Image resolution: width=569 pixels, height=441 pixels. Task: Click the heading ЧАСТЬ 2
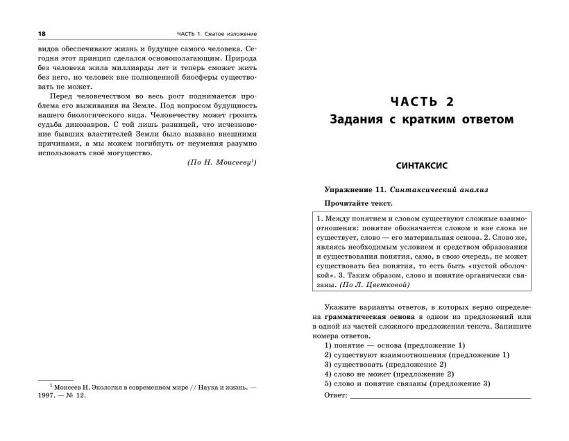(x=421, y=102)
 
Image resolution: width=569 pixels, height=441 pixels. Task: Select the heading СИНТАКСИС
(x=421, y=166)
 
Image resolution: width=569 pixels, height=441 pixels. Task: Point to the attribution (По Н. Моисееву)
(x=224, y=164)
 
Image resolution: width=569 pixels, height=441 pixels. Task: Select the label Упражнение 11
(x=356, y=189)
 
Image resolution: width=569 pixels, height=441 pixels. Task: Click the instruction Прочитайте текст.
(x=357, y=204)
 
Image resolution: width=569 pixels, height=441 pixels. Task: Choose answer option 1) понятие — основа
(x=394, y=345)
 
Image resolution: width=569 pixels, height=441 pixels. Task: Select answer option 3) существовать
(x=384, y=364)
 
